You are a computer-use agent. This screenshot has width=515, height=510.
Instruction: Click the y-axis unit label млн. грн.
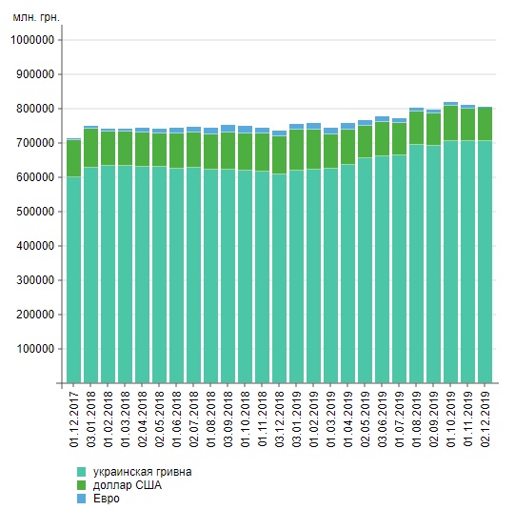point(36,17)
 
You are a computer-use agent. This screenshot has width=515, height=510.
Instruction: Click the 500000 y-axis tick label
point(35,212)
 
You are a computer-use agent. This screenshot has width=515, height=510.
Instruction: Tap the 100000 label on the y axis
point(35,349)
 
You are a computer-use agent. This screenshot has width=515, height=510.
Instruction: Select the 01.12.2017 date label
point(74,418)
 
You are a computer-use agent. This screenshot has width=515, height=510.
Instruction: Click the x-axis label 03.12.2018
point(280,418)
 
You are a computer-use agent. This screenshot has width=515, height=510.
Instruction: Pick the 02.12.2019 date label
point(485,418)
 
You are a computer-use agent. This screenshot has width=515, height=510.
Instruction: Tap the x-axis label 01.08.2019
point(416,418)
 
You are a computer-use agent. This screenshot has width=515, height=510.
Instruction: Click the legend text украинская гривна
point(142,472)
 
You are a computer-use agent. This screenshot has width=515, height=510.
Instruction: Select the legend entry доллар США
point(128,485)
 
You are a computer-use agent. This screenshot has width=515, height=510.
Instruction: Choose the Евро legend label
point(107,499)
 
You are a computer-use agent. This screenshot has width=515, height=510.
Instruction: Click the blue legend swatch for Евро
point(81,499)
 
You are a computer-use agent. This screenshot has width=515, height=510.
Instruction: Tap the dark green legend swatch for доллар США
point(81,485)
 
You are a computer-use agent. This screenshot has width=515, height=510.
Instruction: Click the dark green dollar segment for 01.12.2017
point(74,158)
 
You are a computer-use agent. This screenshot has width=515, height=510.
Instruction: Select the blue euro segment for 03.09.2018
point(228,129)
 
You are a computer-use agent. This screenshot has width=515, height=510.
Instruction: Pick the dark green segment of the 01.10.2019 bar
point(450,123)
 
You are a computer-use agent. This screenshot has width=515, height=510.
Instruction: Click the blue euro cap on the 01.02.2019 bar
point(313,126)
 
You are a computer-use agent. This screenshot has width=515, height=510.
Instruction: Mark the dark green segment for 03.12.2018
point(279,154)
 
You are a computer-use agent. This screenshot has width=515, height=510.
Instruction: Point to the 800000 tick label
point(35,109)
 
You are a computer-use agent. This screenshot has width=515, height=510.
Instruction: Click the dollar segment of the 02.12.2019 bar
point(485,124)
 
